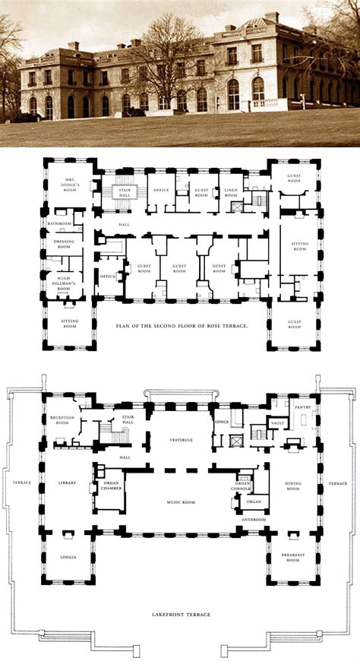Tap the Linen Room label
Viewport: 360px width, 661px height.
[230, 195]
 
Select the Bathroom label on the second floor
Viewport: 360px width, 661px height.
[59, 224]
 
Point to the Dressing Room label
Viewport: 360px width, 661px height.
[63, 243]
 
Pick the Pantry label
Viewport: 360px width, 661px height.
[305, 407]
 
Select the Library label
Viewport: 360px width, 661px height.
[68, 482]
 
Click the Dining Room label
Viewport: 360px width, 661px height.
[293, 486]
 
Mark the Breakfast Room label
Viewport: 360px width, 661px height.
[292, 557]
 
